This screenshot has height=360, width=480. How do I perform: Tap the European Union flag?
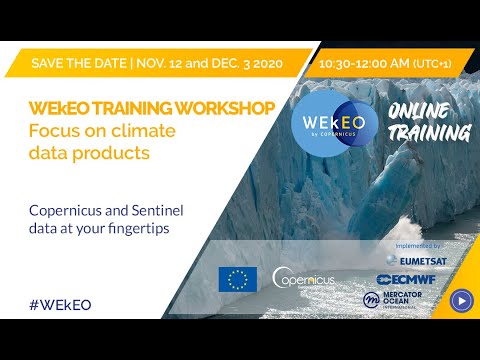(x=237, y=279)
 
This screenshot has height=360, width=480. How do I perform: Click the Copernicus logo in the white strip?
(x=303, y=279)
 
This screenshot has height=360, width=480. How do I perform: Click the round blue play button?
(x=461, y=299)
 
